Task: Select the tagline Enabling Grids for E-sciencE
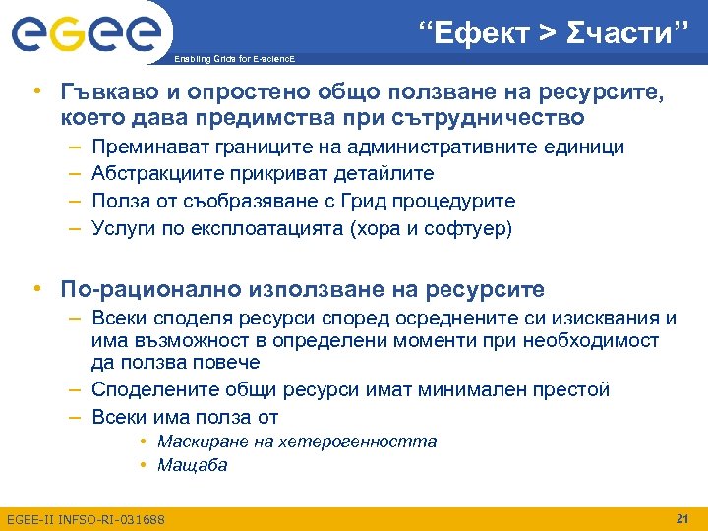(x=233, y=61)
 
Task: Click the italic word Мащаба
(x=192, y=465)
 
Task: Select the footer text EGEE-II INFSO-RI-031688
(x=86, y=519)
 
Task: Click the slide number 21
(x=682, y=518)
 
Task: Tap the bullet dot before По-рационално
(x=36, y=289)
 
